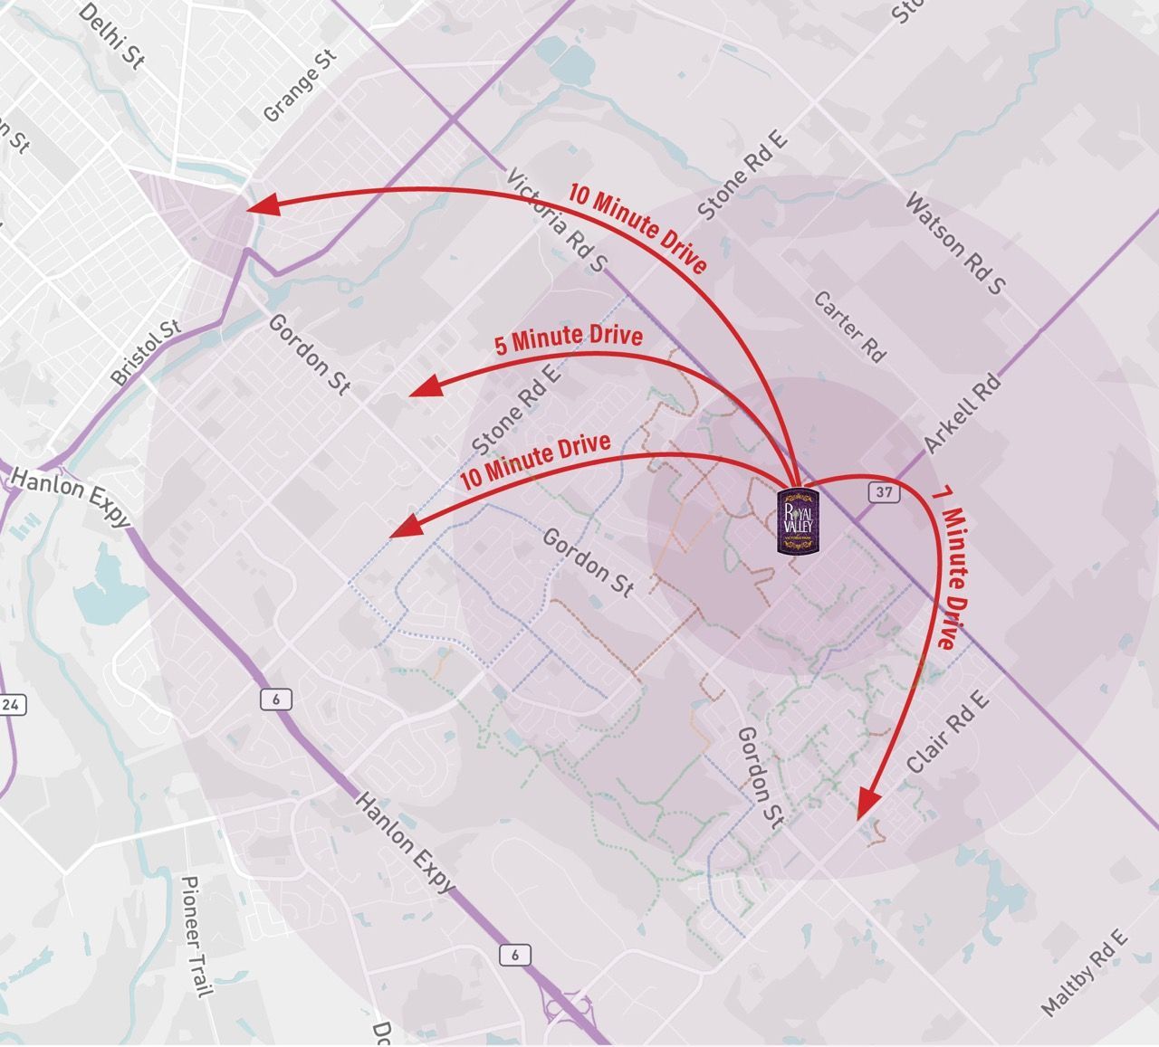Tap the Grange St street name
click(x=300, y=86)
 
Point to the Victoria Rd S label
click(x=557, y=221)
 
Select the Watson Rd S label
click(x=955, y=243)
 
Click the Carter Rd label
click(x=849, y=327)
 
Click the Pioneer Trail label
click(x=196, y=936)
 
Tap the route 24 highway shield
click(x=11, y=705)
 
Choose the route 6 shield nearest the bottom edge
click(x=514, y=955)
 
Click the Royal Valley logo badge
click(x=798, y=521)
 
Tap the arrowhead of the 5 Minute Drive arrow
click(x=424, y=387)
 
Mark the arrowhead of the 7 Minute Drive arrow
click(x=867, y=802)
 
